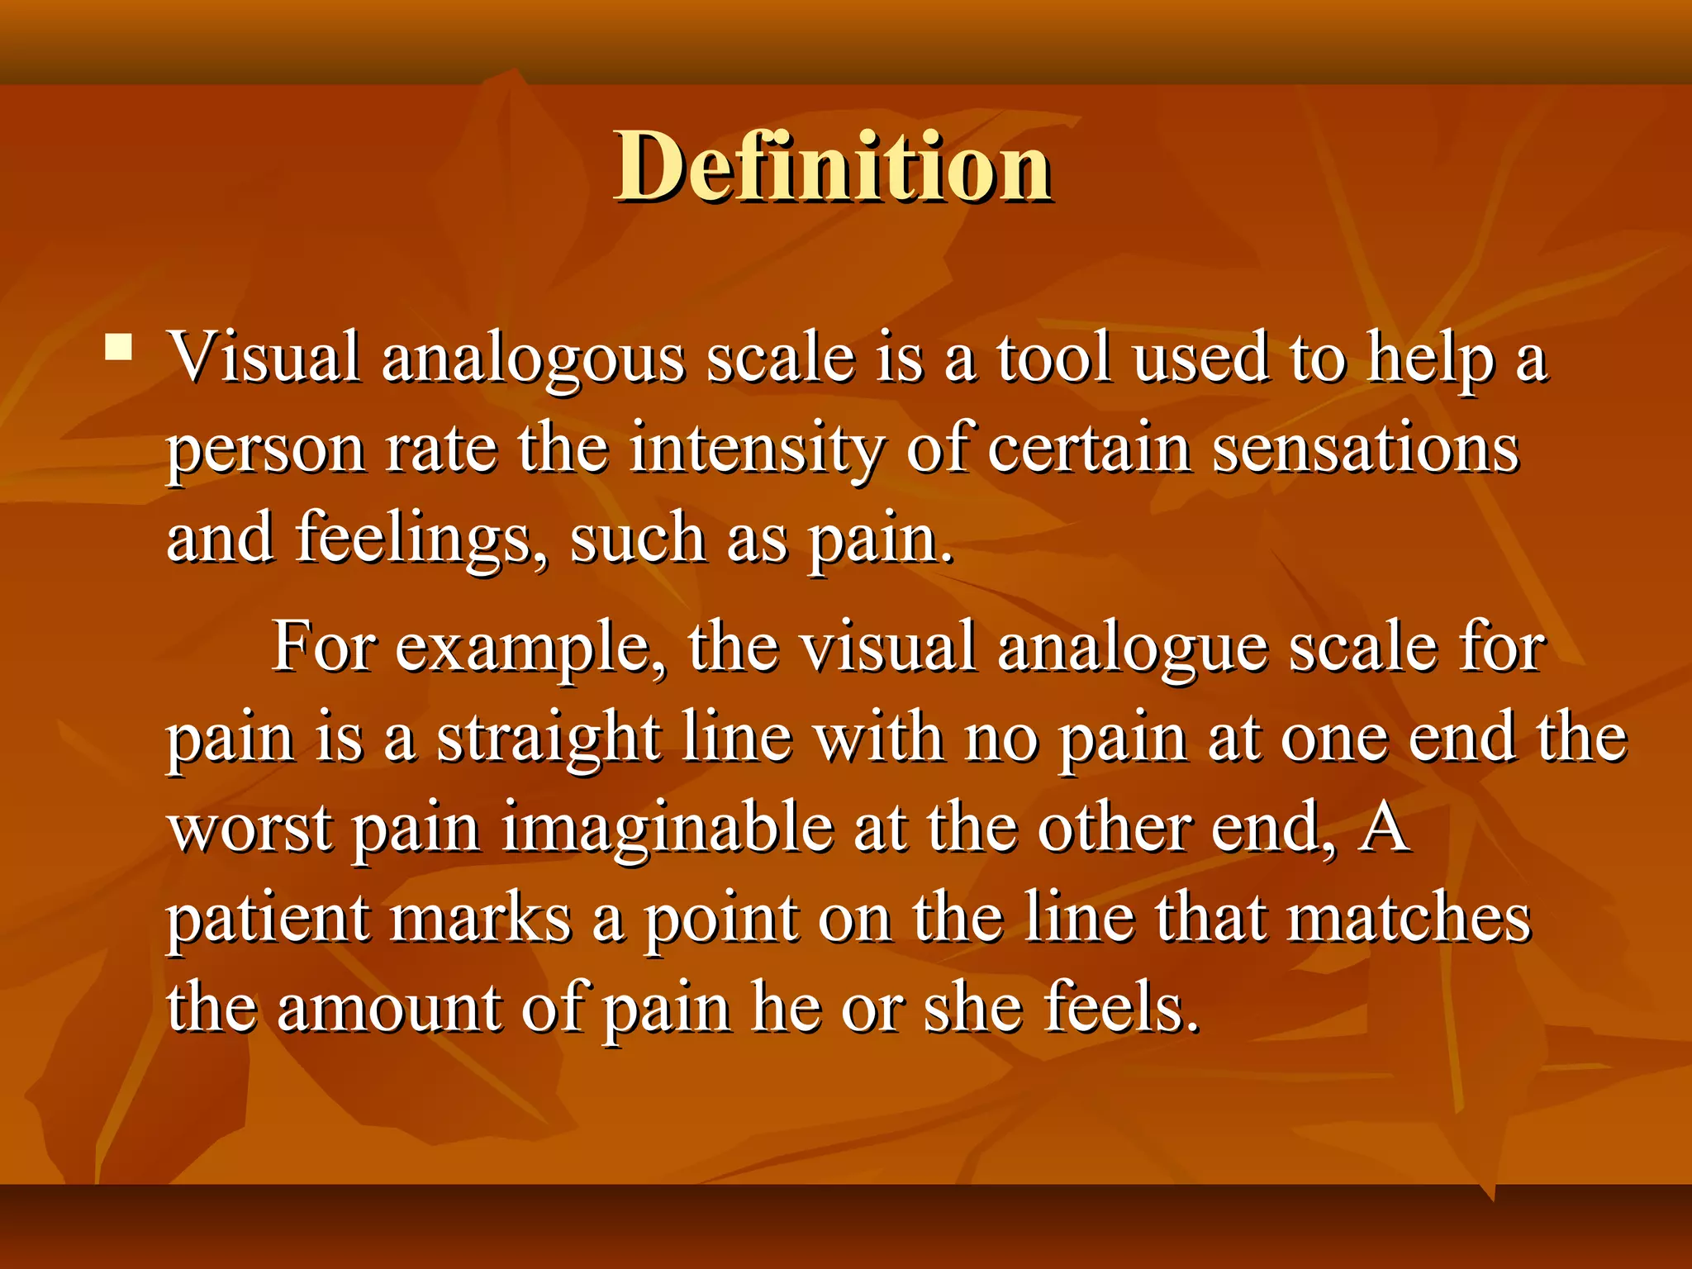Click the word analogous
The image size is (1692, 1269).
point(533,359)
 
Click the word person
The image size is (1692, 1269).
point(266,450)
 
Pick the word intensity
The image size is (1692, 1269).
point(756,450)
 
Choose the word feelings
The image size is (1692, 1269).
point(422,539)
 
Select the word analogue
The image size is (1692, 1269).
point(1133,649)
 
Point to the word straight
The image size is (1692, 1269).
point(549,738)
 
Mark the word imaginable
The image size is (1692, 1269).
point(668,829)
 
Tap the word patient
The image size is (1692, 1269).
point(268,919)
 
